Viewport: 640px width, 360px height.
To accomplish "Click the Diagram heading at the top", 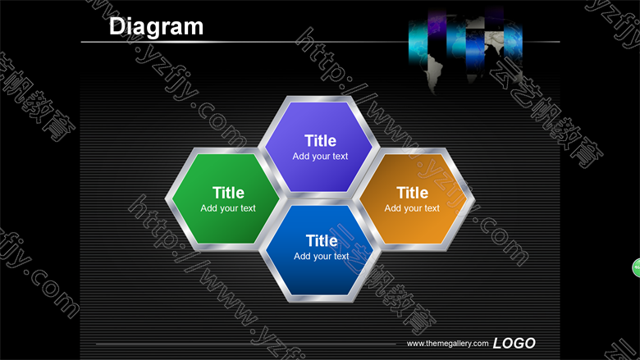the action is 156,27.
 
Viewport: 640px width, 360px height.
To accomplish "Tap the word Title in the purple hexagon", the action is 320,141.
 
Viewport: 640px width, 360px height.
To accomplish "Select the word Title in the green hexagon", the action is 228,193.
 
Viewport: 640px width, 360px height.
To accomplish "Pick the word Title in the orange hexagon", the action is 412,193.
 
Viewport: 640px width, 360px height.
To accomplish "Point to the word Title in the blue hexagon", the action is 322,240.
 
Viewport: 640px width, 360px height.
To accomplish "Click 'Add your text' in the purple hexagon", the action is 320,156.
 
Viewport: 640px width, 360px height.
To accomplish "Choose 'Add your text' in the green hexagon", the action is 228,208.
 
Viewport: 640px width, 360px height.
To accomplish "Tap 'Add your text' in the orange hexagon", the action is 412,208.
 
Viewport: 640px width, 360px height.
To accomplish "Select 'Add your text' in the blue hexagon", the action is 322,256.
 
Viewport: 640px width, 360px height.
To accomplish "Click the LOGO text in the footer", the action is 514,344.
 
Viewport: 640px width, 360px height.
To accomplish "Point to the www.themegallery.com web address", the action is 447,344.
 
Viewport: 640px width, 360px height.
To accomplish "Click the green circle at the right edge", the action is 637,268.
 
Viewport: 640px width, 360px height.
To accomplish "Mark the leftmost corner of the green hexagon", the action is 165,199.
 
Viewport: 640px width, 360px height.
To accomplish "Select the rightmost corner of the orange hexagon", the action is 475,199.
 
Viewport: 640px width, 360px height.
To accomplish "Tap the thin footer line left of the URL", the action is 245,344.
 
